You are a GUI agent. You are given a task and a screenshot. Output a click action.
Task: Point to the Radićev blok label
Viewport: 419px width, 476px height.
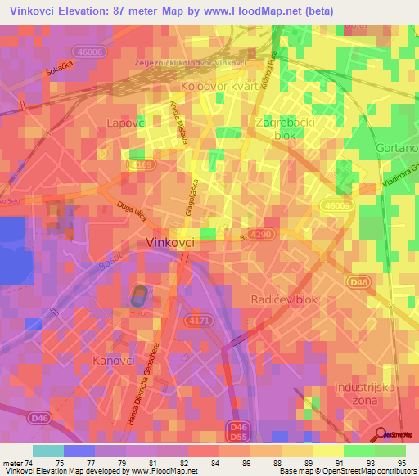click(283, 299)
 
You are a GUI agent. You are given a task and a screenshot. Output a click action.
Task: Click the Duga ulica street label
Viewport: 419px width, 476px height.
click(131, 213)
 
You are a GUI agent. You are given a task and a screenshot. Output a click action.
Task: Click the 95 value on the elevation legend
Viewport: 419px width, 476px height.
click(401, 462)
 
